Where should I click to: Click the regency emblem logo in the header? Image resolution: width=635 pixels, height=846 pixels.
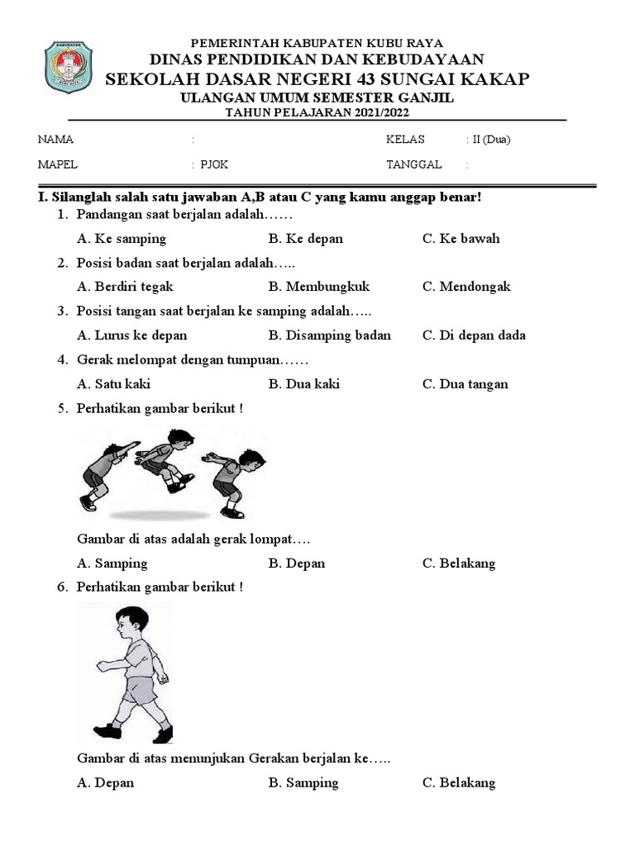(68, 67)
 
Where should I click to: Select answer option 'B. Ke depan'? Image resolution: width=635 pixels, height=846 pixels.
(305, 239)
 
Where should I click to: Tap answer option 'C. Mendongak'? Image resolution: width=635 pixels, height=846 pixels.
(466, 287)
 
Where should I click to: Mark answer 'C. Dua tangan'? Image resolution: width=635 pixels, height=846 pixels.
(465, 384)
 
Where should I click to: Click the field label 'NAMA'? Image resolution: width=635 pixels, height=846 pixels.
(56, 140)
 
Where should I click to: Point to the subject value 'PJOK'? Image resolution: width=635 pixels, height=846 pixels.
(214, 164)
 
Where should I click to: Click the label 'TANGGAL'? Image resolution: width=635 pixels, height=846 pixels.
(414, 164)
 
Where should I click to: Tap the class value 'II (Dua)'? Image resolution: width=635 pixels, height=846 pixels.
(491, 140)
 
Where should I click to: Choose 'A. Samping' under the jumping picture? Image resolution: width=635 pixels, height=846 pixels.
(112, 563)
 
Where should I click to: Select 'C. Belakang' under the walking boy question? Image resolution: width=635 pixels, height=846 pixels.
(458, 783)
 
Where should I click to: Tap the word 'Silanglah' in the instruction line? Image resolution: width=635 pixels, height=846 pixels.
(80, 198)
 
